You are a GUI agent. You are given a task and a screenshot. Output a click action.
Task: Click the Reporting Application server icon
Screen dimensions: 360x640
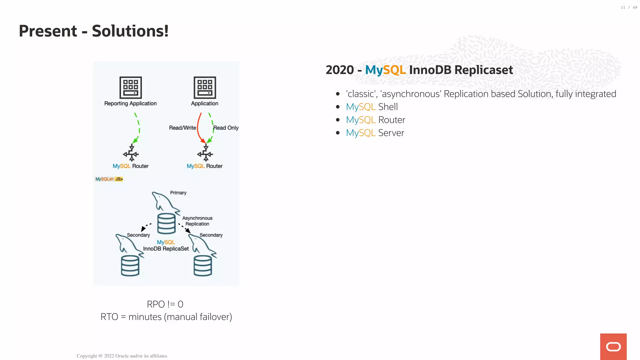click(x=131, y=87)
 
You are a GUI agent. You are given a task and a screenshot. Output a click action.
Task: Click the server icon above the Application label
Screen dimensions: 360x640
click(x=205, y=87)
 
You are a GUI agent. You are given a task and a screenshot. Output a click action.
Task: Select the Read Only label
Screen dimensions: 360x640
click(x=226, y=128)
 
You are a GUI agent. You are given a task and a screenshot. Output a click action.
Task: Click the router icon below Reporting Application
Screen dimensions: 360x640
click(x=131, y=153)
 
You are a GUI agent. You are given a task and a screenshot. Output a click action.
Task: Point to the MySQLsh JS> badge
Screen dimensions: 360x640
click(x=109, y=179)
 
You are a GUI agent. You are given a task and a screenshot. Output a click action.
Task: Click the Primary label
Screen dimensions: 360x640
click(x=178, y=193)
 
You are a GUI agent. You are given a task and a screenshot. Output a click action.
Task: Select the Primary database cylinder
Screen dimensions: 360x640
click(x=166, y=223)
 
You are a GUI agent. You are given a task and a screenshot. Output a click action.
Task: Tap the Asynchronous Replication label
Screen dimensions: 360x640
click(x=197, y=221)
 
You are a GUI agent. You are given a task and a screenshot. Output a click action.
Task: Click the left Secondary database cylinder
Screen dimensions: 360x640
click(x=130, y=266)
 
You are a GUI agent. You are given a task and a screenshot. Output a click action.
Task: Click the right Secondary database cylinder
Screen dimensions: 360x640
click(x=203, y=266)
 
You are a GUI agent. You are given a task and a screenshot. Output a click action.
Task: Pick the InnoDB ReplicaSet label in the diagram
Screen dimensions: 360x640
click(x=166, y=249)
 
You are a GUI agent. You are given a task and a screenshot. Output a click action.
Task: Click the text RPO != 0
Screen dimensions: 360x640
click(x=165, y=304)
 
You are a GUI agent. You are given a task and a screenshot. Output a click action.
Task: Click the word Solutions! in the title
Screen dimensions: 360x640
click(x=130, y=31)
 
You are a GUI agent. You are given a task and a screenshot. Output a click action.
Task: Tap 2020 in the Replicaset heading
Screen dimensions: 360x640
click(x=340, y=70)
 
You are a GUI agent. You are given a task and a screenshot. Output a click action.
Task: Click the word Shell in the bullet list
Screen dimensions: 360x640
click(x=388, y=107)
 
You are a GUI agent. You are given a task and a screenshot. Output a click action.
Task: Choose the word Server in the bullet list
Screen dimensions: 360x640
click(x=391, y=133)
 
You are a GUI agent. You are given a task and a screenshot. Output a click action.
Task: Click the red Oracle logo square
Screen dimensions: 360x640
click(x=613, y=347)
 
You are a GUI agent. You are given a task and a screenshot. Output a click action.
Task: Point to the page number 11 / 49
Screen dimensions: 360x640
click(x=629, y=7)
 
